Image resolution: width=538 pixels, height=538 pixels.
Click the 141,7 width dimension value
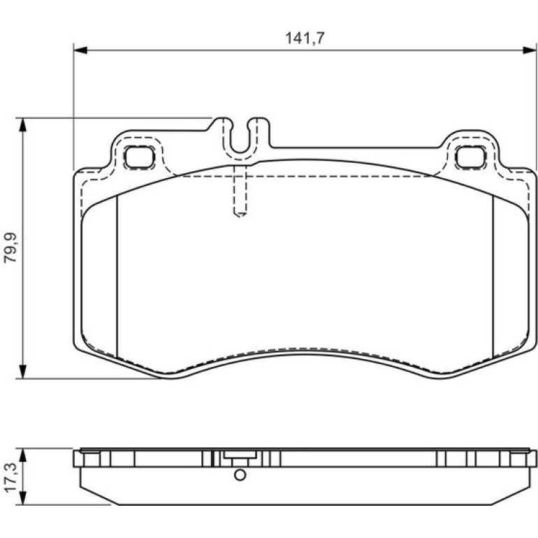pos(305,38)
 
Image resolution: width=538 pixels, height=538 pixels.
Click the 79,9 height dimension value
pos(10,248)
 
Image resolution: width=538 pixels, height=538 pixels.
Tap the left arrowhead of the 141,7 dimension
pos(80,50)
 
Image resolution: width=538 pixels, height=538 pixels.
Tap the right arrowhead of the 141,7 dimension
pos(530,50)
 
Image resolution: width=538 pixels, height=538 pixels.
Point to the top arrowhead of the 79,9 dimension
pos(22,125)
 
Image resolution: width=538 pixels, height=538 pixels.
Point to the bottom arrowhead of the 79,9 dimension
pos(22,372)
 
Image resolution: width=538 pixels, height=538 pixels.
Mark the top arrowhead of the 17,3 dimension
pos(22,455)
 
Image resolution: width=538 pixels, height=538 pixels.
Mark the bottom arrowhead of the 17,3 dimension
pos(22,498)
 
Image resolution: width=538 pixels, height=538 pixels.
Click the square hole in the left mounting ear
pos(139,157)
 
